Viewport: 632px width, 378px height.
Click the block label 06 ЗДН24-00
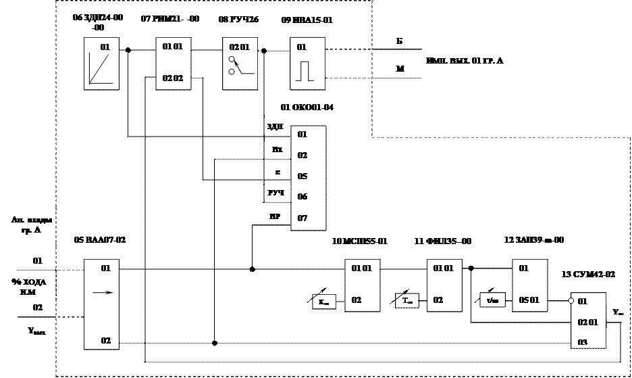point(98,22)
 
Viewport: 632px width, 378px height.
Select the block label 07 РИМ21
point(169,19)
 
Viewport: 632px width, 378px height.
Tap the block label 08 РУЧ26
point(239,20)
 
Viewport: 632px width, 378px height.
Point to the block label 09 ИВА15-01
point(307,20)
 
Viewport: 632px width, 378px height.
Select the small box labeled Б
point(400,41)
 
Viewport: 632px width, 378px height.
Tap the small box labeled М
point(400,68)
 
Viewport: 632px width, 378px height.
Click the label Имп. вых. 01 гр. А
point(465,62)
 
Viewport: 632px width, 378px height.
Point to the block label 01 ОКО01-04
point(307,108)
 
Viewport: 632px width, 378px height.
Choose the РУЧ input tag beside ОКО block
point(275,193)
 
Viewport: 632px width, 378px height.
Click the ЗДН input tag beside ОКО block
point(275,126)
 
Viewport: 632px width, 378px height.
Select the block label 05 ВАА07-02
point(100,240)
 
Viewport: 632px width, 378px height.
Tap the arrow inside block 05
point(101,292)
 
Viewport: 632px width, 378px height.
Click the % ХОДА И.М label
point(28,286)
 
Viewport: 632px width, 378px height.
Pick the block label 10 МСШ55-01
point(360,241)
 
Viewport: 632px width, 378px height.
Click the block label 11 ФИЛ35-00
point(442,241)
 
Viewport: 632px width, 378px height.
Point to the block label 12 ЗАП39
point(533,239)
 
